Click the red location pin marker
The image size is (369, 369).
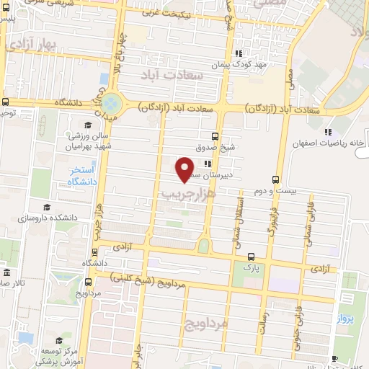tap(185, 169)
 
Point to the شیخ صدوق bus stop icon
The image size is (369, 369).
tap(215, 135)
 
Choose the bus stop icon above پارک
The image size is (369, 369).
tap(251, 257)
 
